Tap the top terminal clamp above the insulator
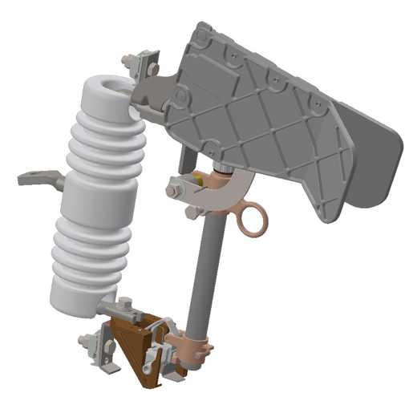pyautogui.click(x=142, y=63)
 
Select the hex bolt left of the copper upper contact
pyautogui.click(x=173, y=192)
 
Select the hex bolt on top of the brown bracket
pyautogui.click(x=126, y=306)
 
